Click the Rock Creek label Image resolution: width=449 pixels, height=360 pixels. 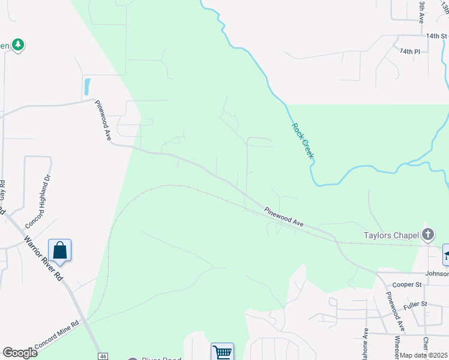click(303, 141)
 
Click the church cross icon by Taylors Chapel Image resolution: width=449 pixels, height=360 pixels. click(428, 234)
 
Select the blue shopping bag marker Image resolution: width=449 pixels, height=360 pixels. click(60, 251)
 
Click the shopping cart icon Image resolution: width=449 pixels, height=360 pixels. click(222, 352)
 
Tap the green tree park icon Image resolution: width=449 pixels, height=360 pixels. click(18, 44)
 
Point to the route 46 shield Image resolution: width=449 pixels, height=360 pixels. click(104, 356)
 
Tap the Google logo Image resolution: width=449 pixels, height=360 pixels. click(20, 353)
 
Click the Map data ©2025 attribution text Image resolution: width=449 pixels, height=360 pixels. click(424, 356)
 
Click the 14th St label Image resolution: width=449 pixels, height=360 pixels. click(437, 36)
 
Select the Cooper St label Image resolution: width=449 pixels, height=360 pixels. click(404, 285)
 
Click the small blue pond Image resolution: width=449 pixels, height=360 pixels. click(88, 87)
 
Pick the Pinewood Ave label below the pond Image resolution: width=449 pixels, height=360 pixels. click(103, 120)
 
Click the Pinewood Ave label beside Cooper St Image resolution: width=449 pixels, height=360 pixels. click(396, 312)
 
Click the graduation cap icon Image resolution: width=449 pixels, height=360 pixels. click(446, 254)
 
